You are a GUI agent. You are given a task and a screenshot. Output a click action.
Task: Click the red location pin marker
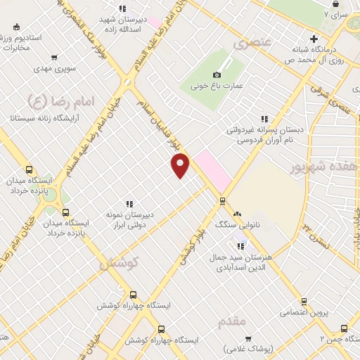pos(181,165)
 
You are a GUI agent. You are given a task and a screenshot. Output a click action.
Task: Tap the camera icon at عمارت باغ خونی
pos(217,75)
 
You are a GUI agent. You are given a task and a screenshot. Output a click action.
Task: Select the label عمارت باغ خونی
pos(216,86)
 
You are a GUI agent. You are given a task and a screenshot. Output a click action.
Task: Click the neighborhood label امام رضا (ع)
pos(46,102)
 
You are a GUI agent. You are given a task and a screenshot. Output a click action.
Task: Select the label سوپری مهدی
pos(55,70)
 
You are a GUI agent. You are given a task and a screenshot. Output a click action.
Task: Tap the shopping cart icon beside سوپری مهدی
pos(55,58)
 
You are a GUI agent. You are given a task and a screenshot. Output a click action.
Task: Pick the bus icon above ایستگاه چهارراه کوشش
pos(132,295)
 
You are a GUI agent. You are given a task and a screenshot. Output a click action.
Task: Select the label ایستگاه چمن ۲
pos(335,339)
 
